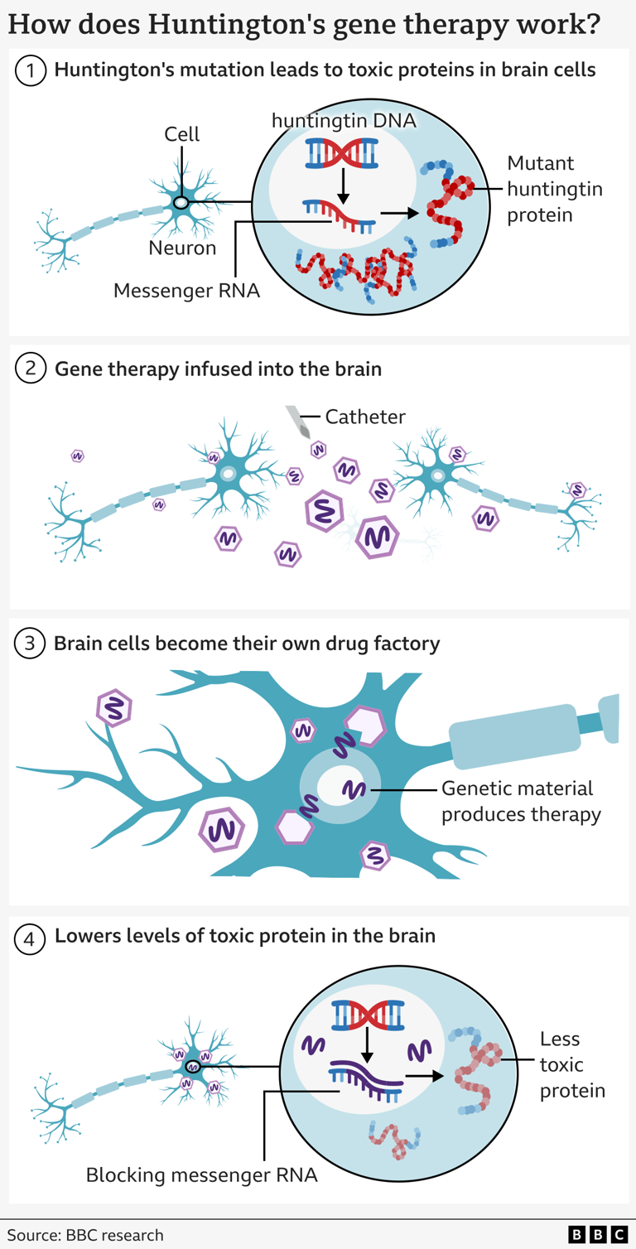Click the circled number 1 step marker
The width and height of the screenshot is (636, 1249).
(x=31, y=70)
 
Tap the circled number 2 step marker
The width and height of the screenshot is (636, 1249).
(x=31, y=369)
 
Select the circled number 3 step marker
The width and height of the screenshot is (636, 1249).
(x=31, y=644)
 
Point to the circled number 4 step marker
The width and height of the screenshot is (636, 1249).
(x=31, y=937)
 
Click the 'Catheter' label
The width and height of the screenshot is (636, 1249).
(x=365, y=417)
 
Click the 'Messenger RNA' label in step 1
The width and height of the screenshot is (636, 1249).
(x=186, y=291)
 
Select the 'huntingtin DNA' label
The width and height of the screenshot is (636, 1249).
(x=344, y=121)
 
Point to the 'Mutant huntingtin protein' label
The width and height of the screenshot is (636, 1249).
(x=554, y=189)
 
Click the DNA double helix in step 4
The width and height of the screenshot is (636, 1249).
(x=368, y=1014)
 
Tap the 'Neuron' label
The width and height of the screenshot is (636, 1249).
(x=182, y=248)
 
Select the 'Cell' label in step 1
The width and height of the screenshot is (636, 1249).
(x=182, y=134)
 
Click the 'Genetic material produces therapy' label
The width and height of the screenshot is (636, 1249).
(x=521, y=802)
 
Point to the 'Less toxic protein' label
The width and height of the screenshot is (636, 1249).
(x=572, y=1064)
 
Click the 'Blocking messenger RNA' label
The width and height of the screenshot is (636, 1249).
(x=201, y=1174)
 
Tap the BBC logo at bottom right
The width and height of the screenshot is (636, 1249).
(x=598, y=1235)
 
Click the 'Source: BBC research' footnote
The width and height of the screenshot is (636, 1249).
(x=86, y=1235)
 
